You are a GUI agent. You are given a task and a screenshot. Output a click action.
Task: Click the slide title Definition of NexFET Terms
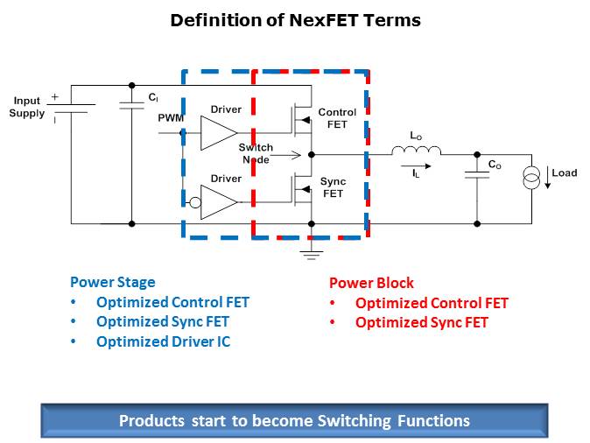click(x=295, y=19)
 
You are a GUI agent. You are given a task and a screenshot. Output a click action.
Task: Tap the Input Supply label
click(x=26, y=108)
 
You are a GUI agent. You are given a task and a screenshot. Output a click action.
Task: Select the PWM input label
click(x=170, y=117)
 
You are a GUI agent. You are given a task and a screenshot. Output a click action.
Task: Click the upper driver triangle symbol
click(x=217, y=133)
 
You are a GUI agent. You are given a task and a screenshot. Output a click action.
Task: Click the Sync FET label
click(x=334, y=187)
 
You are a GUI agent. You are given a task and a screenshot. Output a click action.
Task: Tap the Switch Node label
click(x=256, y=153)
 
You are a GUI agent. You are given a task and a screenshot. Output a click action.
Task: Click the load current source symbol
click(x=531, y=179)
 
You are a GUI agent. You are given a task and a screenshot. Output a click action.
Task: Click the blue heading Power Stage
click(x=112, y=283)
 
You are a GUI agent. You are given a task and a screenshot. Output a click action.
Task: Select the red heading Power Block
click(x=371, y=284)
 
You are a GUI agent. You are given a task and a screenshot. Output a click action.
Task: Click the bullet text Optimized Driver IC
click(x=163, y=341)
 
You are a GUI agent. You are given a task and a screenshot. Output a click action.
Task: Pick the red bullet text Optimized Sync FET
click(x=421, y=322)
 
